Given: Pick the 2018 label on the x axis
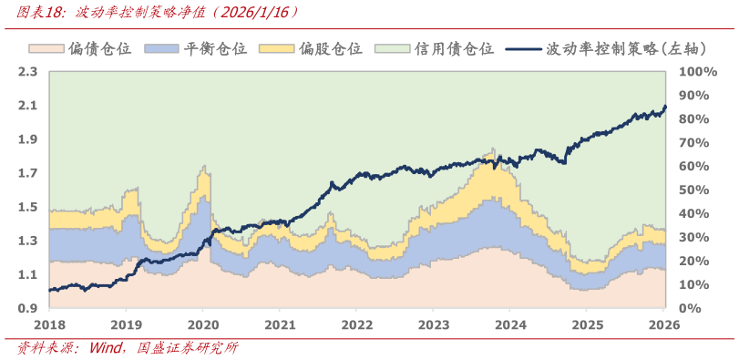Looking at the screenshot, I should coord(49,324).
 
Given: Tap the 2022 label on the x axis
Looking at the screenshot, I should coord(357,324).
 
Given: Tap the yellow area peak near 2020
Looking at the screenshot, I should coord(203,168).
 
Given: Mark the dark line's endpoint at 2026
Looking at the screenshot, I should coord(665,107).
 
